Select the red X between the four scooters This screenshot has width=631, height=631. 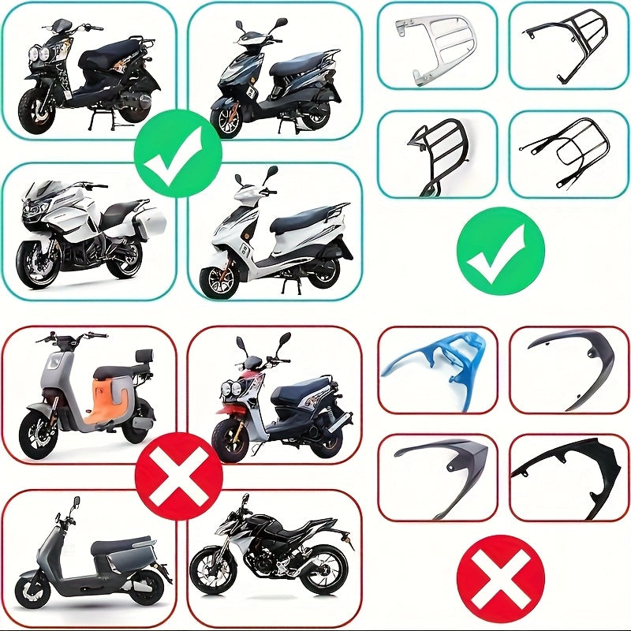point(179,476)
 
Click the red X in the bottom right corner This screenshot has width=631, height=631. point(501,578)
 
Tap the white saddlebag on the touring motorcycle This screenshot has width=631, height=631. point(148,227)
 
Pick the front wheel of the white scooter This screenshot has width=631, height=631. point(219,281)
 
